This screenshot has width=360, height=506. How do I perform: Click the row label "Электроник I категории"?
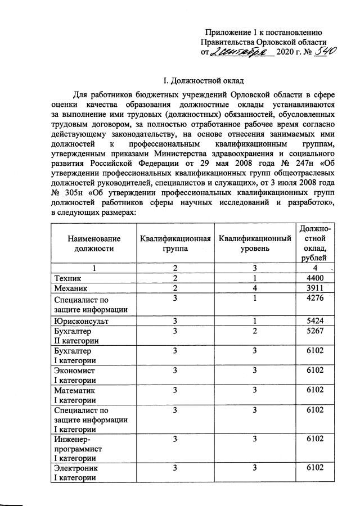coord(76,473)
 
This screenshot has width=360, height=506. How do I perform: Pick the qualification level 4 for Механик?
coord(255,288)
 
